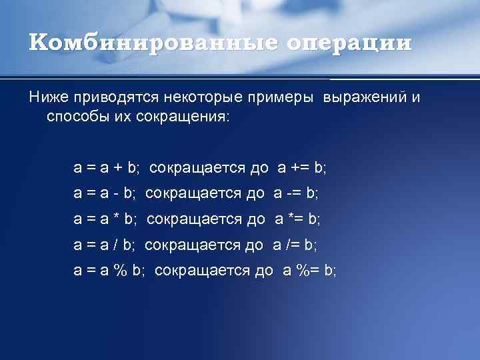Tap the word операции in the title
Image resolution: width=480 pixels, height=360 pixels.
click(349, 43)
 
